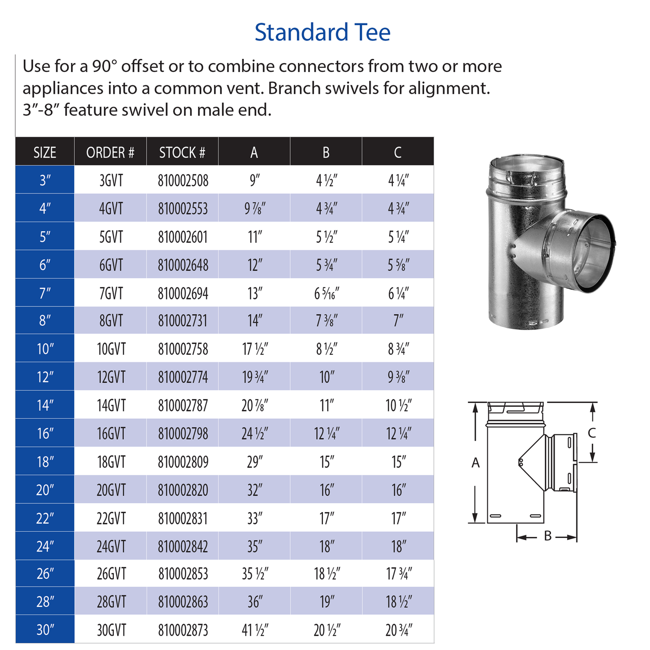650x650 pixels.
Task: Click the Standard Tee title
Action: coord(322,32)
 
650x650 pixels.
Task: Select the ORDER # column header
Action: coord(110,152)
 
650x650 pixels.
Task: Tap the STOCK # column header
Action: coord(182,152)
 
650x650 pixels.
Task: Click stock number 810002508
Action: coord(183,181)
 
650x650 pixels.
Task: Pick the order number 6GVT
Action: coord(111,265)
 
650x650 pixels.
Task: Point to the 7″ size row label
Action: coord(45,293)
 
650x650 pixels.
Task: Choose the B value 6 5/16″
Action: coord(326,294)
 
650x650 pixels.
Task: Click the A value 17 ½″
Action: coord(255,349)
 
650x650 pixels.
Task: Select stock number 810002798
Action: coord(183,434)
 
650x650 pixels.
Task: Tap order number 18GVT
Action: coord(111,462)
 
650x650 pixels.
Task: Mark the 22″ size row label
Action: coord(45,518)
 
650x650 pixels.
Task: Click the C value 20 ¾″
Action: coord(399,630)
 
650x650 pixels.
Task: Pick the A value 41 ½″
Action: coord(255,630)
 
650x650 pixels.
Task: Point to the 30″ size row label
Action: coord(45,630)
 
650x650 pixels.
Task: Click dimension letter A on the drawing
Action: coord(475,462)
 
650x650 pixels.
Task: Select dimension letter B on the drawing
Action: coord(547,536)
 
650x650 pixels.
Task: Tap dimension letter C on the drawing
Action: coord(592,433)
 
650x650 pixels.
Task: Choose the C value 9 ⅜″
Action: coord(399,377)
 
